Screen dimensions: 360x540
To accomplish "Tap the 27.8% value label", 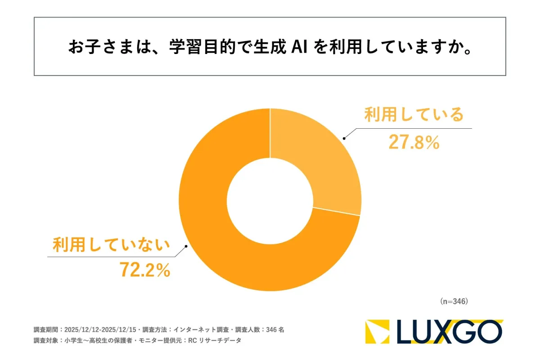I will pos(413,143).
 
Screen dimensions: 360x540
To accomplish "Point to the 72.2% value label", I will pos(144,270).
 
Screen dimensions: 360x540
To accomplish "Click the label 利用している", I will pos(414,115).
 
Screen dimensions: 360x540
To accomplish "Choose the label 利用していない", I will pos(111,246).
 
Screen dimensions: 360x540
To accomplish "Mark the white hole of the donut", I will pos(270,200).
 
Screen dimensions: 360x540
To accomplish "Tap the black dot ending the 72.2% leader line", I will pos(186,247).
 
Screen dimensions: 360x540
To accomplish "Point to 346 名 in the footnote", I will pos(275,330).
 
